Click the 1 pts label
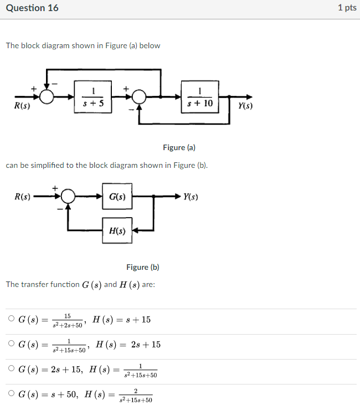click(x=347, y=8)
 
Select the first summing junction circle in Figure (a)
click(x=48, y=97)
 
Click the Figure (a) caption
click(x=179, y=147)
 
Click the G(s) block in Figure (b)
click(x=117, y=197)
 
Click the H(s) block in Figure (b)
click(x=117, y=230)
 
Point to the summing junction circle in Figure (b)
click(x=68, y=197)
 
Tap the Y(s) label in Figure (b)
click(x=190, y=197)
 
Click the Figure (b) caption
click(x=143, y=267)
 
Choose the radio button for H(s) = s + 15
click(x=11, y=319)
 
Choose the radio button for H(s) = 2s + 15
click(x=11, y=344)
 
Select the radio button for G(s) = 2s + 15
click(x=11, y=369)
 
